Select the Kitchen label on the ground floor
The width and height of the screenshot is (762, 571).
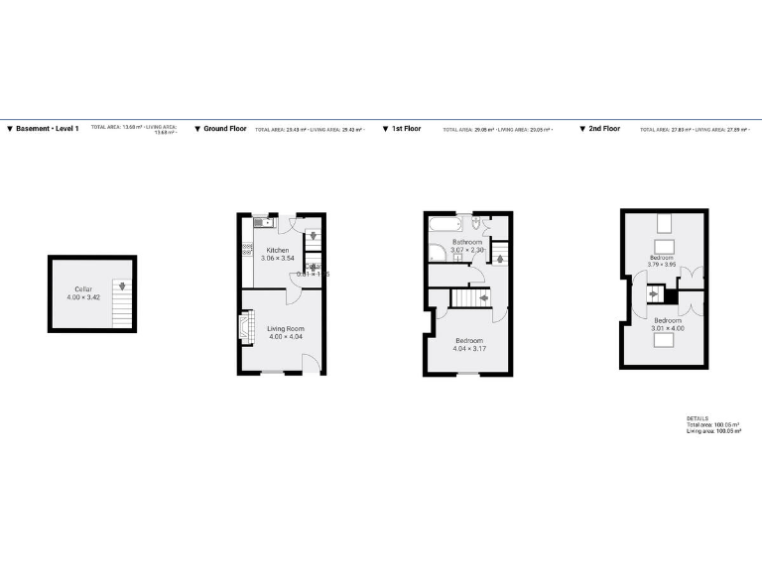point(278,250)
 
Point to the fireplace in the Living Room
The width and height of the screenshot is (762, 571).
point(245,328)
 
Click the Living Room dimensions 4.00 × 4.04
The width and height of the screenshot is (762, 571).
point(285,337)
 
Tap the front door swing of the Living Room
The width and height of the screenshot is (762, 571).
point(312,363)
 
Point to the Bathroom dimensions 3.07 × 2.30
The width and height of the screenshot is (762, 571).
point(467,250)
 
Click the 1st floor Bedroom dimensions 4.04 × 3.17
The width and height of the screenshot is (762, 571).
point(468,349)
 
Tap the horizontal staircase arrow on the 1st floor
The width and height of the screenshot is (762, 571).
point(483,297)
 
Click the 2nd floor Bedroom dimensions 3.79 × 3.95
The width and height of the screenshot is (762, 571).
point(661,265)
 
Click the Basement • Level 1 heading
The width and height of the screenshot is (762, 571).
point(48,129)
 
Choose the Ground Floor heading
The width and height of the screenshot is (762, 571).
point(225,129)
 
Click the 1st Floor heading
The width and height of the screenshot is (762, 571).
point(406,129)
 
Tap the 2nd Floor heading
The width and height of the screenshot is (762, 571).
point(604,129)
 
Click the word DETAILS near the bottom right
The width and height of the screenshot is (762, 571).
point(698,418)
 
